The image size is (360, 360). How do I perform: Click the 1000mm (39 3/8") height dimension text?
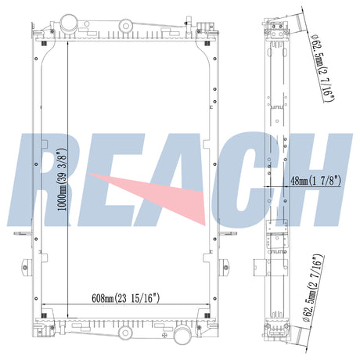point(63,179)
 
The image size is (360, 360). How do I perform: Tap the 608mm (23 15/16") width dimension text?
point(125,298)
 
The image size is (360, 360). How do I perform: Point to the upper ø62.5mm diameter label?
point(323,68)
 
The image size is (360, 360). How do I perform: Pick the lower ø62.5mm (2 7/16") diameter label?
point(313,288)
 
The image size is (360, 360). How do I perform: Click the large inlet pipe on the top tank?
point(68,23)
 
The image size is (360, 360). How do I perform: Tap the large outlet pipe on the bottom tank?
point(182,334)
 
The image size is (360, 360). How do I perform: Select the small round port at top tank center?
point(126,26)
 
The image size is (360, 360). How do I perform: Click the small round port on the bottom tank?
point(125,333)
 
